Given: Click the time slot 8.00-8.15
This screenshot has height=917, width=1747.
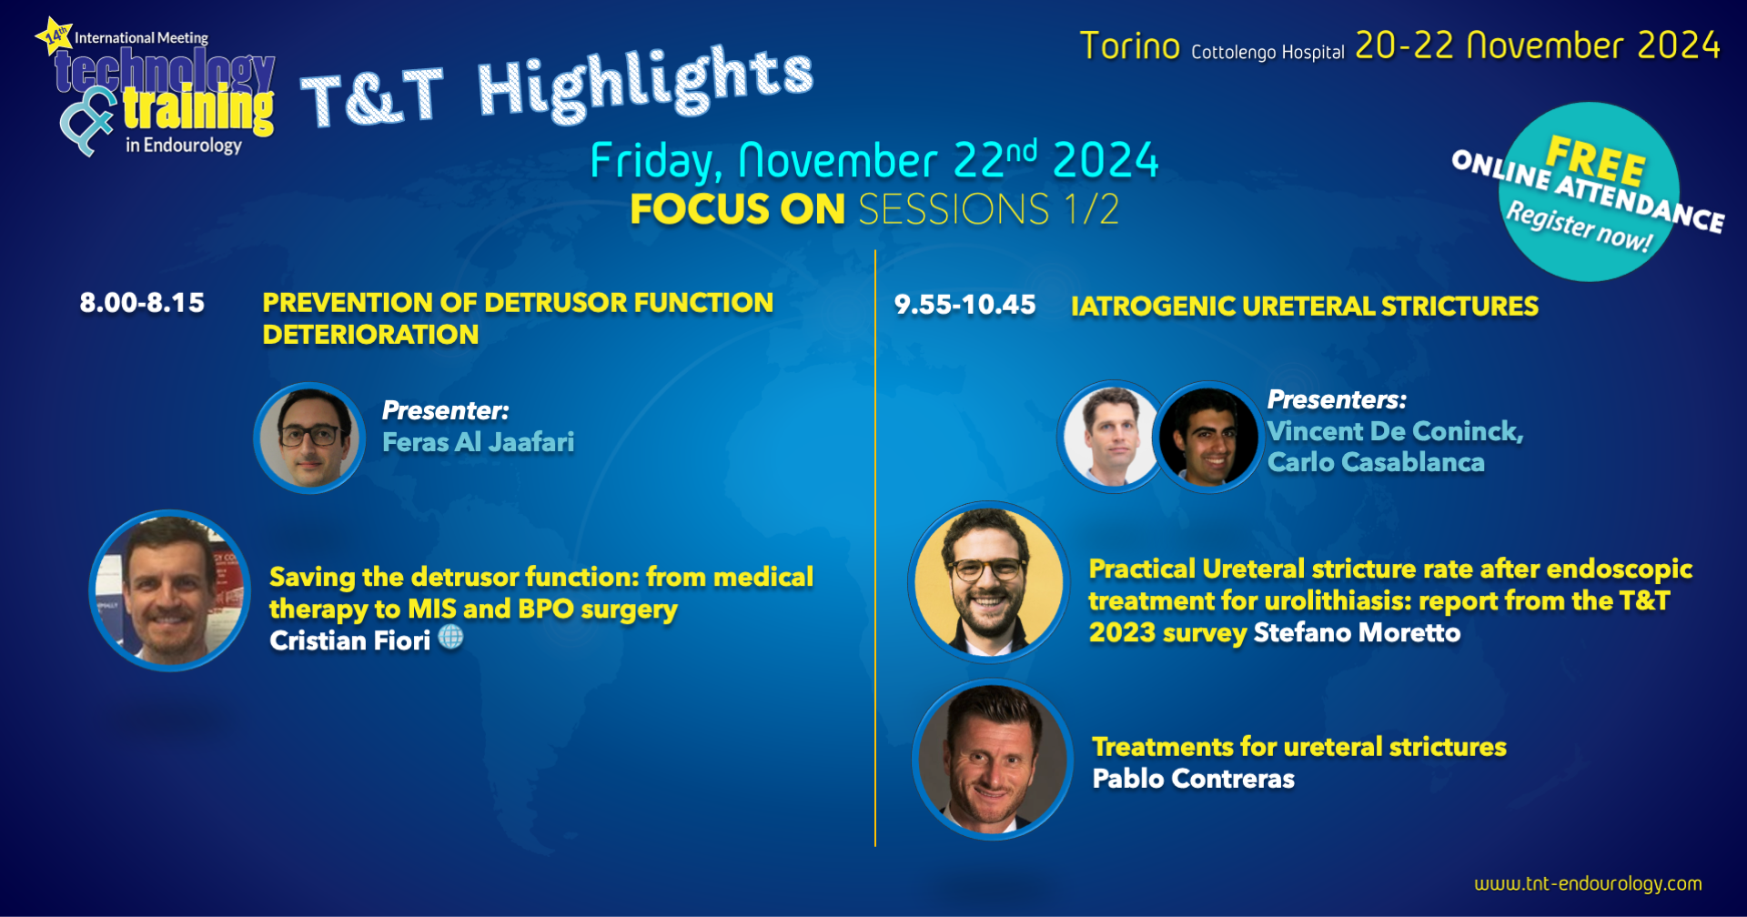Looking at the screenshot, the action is pos(142,303).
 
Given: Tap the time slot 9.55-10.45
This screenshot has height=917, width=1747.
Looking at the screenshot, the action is pos(964,305).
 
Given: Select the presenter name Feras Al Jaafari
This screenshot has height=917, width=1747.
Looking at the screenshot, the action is pos(479,442).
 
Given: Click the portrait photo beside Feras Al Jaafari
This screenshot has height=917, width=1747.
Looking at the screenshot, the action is pos(309,438).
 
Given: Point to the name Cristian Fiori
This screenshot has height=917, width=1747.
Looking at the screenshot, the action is pos(349,640).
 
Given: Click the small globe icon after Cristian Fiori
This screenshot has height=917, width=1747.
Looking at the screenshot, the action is pos(451,638).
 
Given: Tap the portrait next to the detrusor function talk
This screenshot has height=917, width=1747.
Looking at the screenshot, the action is pos(169,590).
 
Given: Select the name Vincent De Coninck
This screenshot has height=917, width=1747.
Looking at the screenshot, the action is pos(1395,431).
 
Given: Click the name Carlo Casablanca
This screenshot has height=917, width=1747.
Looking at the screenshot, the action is pos(1376,462).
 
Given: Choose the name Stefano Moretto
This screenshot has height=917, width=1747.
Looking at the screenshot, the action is pos(1357,633).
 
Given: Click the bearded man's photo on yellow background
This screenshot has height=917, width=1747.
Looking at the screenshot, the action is pos(989,581).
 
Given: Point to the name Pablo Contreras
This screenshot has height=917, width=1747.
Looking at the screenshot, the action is pos(1193,779).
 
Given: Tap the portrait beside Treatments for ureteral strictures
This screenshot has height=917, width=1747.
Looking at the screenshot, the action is pos(993,760).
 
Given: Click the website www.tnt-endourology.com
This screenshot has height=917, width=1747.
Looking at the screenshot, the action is pos(1588,883).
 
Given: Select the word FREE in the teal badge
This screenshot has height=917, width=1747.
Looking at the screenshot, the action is pos(1596,160).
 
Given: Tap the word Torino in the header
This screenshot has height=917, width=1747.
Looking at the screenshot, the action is pos(1130,45).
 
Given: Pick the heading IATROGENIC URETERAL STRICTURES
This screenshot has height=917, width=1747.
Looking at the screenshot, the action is pos(1305,307).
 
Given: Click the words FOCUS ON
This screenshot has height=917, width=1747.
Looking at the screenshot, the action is pos(738,209).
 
